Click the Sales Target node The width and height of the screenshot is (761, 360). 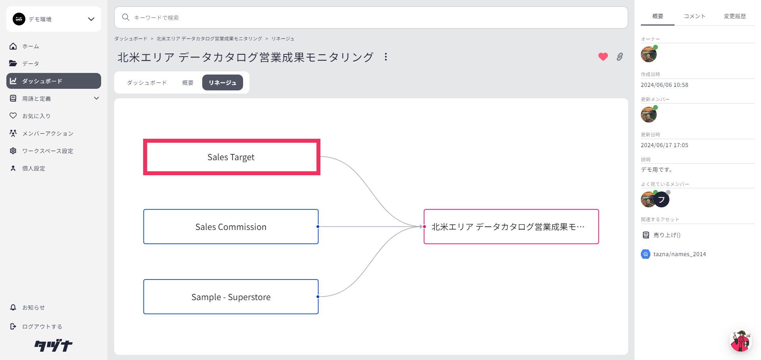[x=231, y=157]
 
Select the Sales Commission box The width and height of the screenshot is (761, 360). [x=231, y=227]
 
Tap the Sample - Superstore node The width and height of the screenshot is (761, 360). [x=231, y=297]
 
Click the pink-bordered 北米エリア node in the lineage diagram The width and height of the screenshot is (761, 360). [x=511, y=227]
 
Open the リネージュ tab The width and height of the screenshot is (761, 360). [x=222, y=83]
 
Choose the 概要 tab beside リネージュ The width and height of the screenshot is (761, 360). [x=188, y=83]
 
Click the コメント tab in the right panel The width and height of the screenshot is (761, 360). [x=694, y=16]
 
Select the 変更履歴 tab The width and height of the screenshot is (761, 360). [x=734, y=16]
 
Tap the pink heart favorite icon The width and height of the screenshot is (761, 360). [x=603, y=57]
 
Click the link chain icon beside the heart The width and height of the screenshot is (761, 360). [x=619, y=57]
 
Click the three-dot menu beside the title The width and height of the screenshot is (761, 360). [x=385, y=57]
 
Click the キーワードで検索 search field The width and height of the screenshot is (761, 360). [x=371, y=17]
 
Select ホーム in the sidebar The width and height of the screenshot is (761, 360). [x=31, y=46]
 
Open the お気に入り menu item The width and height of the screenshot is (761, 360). [x=36, y=116]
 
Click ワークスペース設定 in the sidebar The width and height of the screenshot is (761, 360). [x=48, y=151]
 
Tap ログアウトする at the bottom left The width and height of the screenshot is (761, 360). [x=42, y=327]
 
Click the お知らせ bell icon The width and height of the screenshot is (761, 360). [x=13, y=308]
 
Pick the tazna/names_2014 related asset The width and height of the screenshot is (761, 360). [x=679, y=254]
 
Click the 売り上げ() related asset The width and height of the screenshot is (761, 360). [x=667, y=235]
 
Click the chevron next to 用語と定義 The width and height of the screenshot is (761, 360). [x=96, y=98]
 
